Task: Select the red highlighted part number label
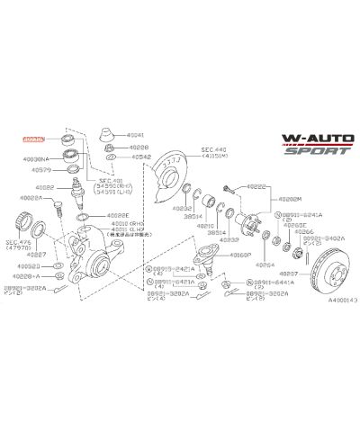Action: click(32, 139)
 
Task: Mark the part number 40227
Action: click(31, 256)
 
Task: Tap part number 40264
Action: click(264, 266)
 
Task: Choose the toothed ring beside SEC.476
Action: click(32, 221)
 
